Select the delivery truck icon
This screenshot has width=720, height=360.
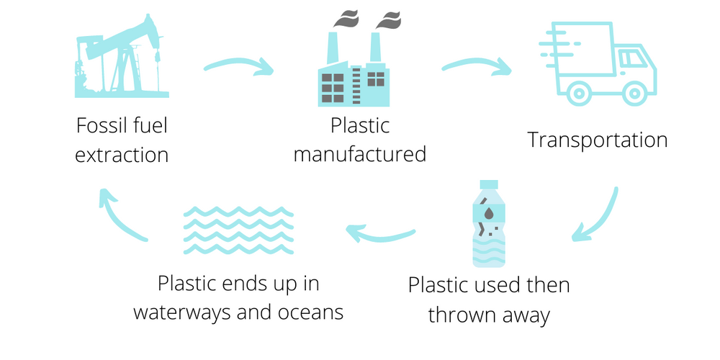[x=598, y=63]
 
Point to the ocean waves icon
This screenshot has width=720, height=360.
[x=238, y=230]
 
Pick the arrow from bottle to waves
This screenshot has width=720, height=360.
[x=380, y=235]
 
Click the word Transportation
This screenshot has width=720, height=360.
[x=597, y=140]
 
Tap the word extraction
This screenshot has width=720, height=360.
[x=122, y=155]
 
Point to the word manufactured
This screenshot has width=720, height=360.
[x=359, y=154]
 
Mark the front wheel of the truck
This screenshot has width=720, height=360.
[x=634, y=94]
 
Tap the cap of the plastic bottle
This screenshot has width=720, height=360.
[x=489, y=184]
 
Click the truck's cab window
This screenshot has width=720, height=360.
[x=632, y=58]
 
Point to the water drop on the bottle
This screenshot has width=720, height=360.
[x=490, y=213]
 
